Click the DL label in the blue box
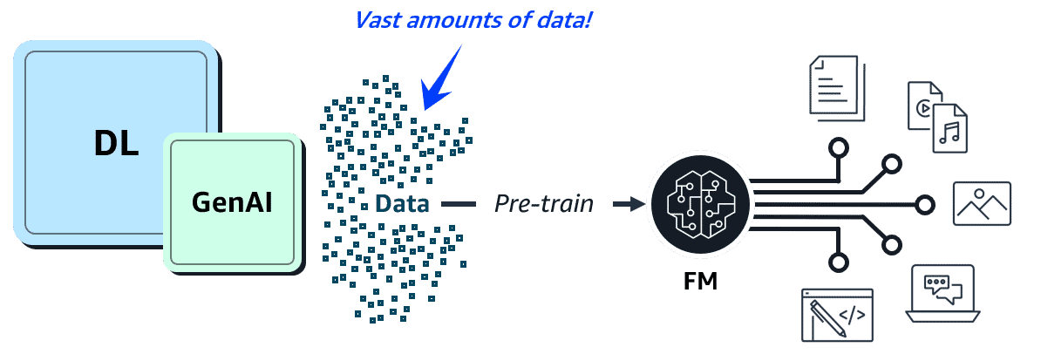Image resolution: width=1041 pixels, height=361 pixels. pyautogui.click(x=116, y=142)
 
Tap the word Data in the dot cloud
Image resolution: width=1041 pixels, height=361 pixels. pyautogui.click(x=403, y=204)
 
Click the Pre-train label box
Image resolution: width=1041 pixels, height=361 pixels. pyautogui.click(x=544, y=204)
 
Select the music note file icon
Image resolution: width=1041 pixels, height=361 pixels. pyautogui.click(x=950, y=129)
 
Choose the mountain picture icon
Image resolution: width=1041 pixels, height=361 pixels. pyautogui.click(x=983, y=204)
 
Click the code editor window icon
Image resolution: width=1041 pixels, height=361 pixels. pyautogui.click(x=837, y=314)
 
